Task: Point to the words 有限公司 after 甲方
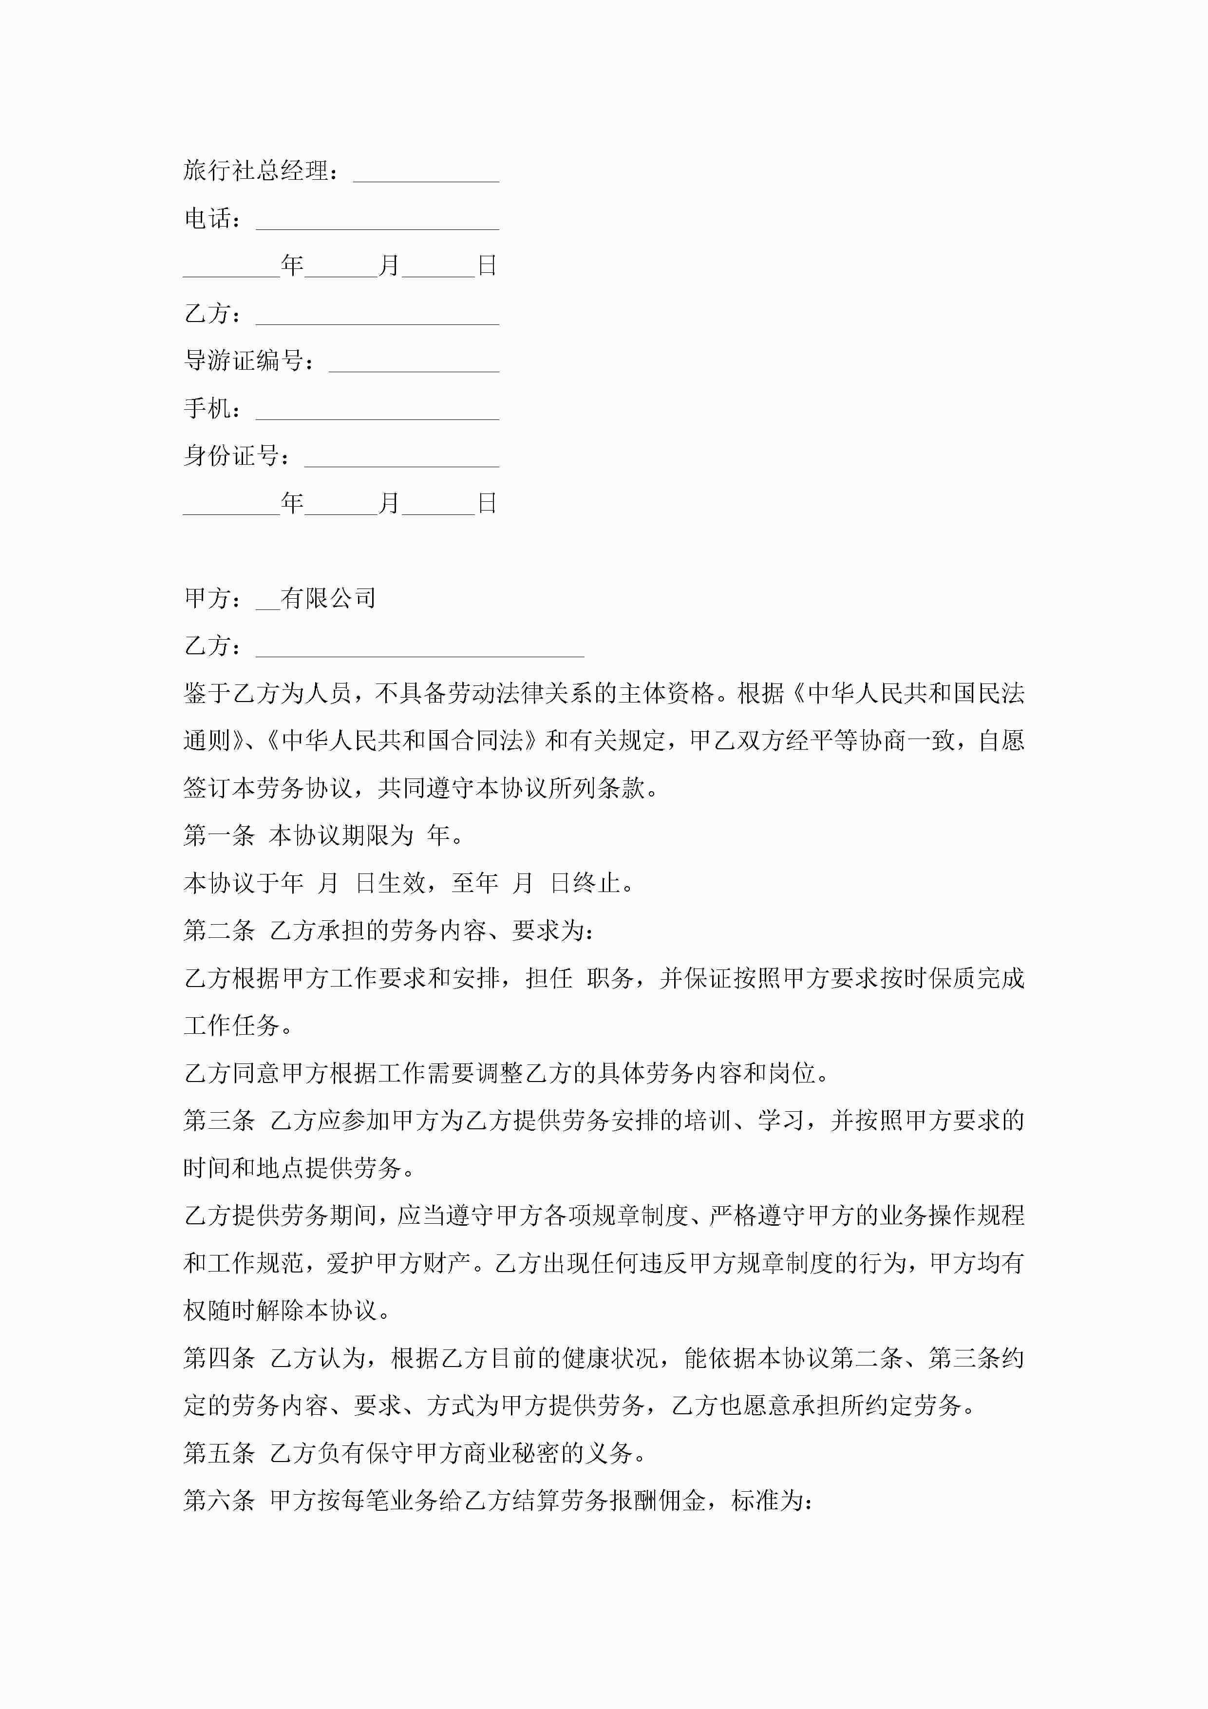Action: (x=328, y=598)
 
